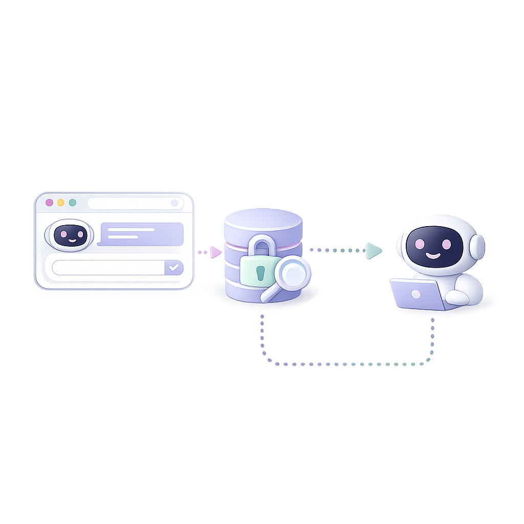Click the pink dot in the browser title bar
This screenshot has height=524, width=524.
tap(49, 203)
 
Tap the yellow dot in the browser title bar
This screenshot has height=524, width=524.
tap(61, 203)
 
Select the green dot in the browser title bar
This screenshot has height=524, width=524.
tap(73, 203)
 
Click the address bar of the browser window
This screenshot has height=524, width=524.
tap(130, 203)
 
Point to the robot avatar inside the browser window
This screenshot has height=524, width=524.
tap(70, 235)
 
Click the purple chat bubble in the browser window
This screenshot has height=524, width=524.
tap(141, 234)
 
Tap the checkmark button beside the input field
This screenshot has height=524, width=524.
tap(174, 267)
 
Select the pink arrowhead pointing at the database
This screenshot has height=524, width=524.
tap(216, 252)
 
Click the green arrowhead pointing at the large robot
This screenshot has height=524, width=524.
tap(374, 250)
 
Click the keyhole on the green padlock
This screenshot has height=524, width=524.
tap(260, 273)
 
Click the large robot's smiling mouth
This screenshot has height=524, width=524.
tap(432, 254)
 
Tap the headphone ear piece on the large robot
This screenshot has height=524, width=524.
tap(476, 247)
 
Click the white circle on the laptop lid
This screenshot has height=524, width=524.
tap(416, 294)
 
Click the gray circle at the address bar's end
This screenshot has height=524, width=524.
tap(174, 203)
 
